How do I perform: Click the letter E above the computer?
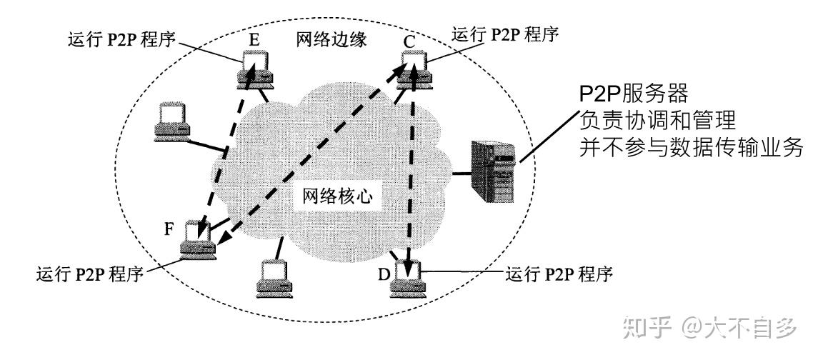click(x=254, y=39)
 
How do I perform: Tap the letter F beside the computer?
click(x=169, y=231)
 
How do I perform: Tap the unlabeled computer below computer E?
click(x=173, y=119)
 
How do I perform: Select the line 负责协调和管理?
click(x=657, y=121)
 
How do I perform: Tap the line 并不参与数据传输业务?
click(x=692, y=148)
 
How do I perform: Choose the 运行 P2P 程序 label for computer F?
click(x=89, y=274)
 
